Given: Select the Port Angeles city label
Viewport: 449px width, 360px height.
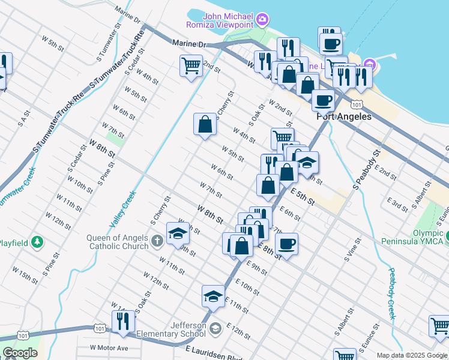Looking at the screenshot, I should [x=344, y=116].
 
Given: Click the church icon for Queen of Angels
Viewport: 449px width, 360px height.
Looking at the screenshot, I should [x=157, y=241].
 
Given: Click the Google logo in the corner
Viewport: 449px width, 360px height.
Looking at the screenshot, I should [x=20, y=353].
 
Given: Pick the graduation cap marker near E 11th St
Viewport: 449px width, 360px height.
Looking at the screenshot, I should [x=213, y=296].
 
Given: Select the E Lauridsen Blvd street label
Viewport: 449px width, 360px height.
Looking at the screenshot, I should [x=211, y=354].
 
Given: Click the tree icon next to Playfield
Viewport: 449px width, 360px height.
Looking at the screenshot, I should [x=37, y=242].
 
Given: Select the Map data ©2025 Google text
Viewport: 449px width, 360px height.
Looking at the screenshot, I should [x=412, y=355].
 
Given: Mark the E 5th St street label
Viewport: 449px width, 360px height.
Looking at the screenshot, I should [x=303, y=197].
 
